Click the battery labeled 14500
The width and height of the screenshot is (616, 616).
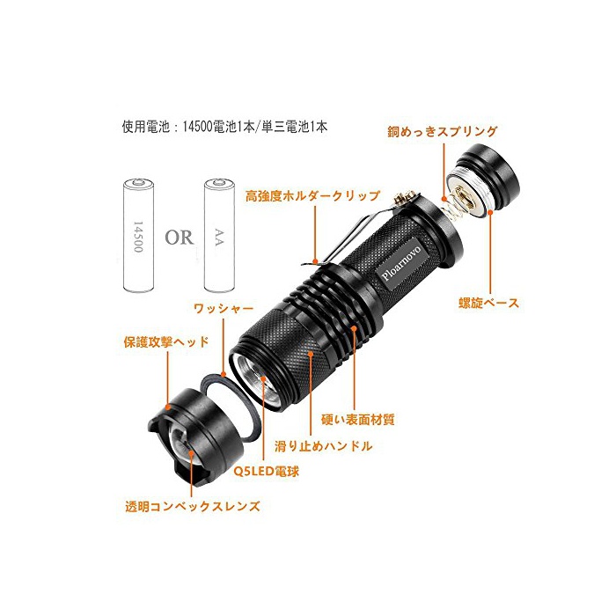138,235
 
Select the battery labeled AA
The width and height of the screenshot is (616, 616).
220,235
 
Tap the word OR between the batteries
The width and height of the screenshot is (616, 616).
180,238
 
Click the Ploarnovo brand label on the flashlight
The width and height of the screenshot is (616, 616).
401,263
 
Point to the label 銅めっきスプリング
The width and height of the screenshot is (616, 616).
442,132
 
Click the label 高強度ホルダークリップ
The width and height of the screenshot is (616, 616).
312,195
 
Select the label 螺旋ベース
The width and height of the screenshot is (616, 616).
488,303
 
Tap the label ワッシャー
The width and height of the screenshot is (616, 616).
224,308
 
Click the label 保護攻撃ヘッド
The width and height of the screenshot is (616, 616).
166,341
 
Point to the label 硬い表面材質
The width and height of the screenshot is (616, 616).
358,420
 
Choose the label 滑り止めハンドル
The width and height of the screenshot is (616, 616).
323,446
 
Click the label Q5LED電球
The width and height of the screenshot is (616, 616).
267,471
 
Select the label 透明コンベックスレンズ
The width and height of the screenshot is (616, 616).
193,506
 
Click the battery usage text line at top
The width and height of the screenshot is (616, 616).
224,127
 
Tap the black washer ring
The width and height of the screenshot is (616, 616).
230,407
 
